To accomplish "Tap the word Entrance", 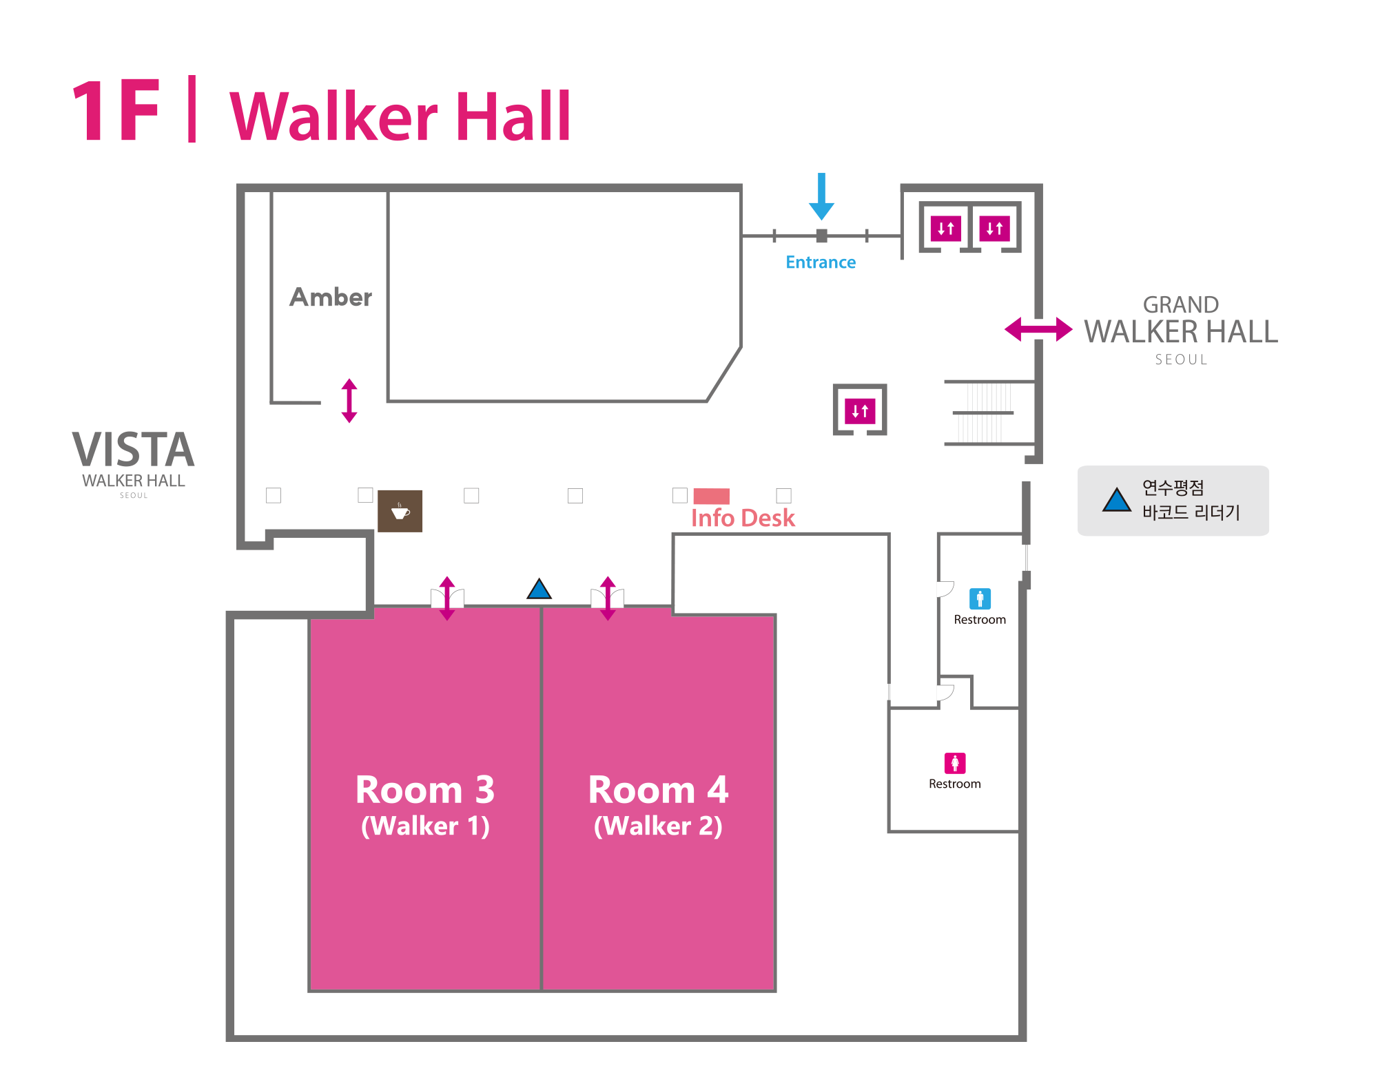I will click(x=821, y=262).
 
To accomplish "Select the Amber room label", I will click(x=331, y=297).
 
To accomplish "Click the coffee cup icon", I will click(x=400, y=511).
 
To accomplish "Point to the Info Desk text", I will click(x=743, y=518).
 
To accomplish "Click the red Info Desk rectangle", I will click(x=711, y=496).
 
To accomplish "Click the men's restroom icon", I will click(x=980, y=598).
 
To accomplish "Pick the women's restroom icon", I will click(x=955, y=763).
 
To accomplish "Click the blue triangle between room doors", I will click(x=539, y=589).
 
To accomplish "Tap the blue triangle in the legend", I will click(x=1116, y=501).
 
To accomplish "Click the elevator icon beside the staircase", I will click(x=860, y=411).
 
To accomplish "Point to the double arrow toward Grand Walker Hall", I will click(x=1038, y=329).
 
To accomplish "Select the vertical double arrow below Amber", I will click(x=349, y=400).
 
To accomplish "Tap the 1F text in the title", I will click(x=116, y=112).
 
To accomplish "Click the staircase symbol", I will click(x=989, y=413).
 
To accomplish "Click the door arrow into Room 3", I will click(x=447, y=598).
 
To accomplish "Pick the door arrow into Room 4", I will click(x=608, y=598).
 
